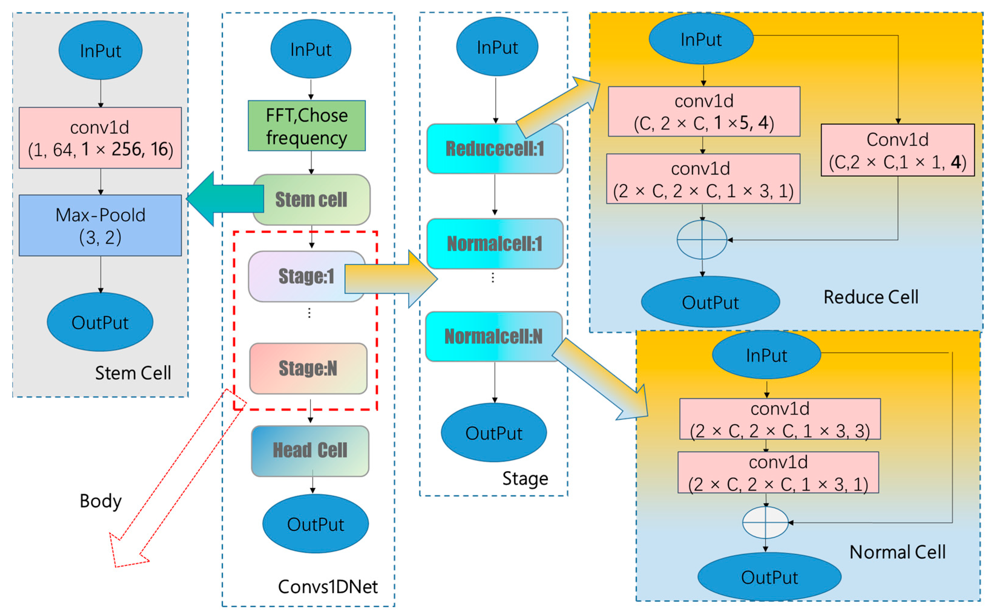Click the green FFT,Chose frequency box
click(x=306, y=126)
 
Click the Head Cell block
click(x=310, y=451)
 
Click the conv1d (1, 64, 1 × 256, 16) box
click(x=100, y=138)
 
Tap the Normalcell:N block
click(x=493, y=336)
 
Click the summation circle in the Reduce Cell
click(x=702, y=240)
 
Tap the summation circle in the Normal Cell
click(x=765, y=522)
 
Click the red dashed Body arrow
click(x=175, y=480)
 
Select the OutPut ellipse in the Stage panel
click(x=493, y=433)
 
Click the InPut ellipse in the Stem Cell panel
click(x=100, y=50)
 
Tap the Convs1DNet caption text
click(x=328, y=587)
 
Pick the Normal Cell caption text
click(x=897, y=552)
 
